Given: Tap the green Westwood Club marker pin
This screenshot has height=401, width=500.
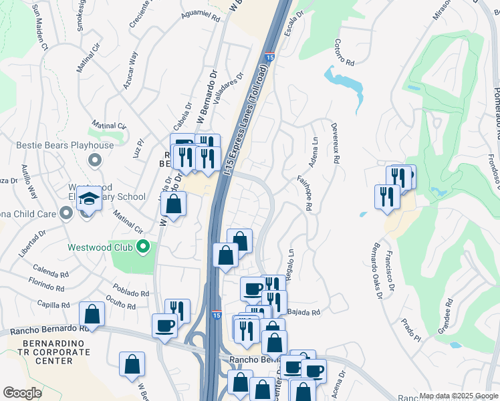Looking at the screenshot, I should [x=142, y=248].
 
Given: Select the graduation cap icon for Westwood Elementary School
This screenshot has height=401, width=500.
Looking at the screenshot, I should [x=88, y=199].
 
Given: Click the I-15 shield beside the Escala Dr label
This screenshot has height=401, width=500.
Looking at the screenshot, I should [x=269, y=59].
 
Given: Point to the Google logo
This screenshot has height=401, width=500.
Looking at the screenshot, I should [x=22, y=393].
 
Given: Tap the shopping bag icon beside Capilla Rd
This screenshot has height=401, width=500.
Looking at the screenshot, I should [x=92, y=315].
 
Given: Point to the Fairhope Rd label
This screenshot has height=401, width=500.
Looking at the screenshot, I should [x=305, y=194].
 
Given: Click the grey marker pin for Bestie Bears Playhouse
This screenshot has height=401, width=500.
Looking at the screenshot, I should [x=94, y=160].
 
